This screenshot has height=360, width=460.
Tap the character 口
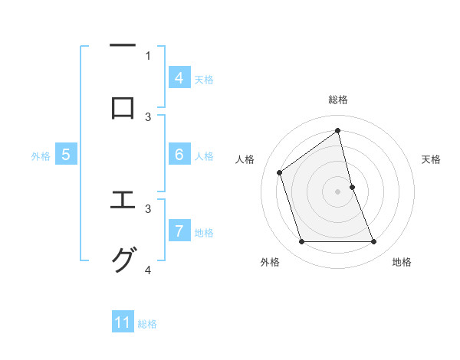pos(123,107)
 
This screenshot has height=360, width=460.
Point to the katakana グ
pos(123,260)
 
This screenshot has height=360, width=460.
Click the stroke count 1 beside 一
pos(149,55)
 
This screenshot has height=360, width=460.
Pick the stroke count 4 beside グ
pos(149,270)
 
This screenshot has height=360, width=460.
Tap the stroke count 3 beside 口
pos(149,116)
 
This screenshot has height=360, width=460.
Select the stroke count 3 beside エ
pos(149,208)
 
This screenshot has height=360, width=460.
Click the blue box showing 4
pos(179,78)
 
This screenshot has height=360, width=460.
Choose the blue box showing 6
pos(179,155)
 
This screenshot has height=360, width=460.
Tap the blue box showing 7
pos(179,231)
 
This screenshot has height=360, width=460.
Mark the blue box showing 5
pos(66,155)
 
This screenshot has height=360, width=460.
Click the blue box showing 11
pos(123,322)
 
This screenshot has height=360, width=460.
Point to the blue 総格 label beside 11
pos(147,324)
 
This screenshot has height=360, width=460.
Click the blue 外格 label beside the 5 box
pos(41,156)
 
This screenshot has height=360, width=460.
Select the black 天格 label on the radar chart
pos(432,159)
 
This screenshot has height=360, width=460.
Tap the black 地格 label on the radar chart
pos(402,263)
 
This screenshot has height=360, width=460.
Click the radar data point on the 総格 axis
pos(338,130)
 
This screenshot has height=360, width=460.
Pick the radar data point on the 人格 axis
pos(280,172)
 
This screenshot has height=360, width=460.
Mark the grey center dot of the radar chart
pos(338,191)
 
